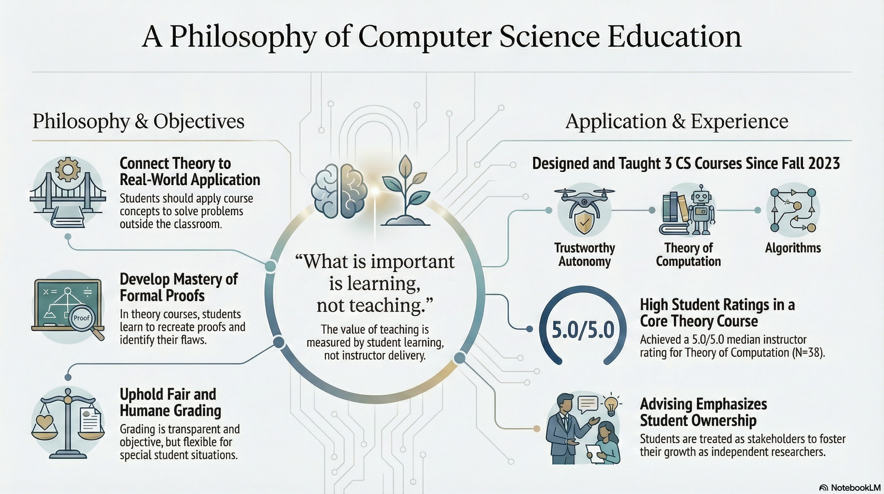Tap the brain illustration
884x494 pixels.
coord(339,191)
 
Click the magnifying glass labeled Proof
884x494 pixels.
coord(84,322)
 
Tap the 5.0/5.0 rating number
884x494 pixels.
coord(583,330)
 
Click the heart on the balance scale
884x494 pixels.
coord(45,422)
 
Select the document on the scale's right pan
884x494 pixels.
coord(91,420)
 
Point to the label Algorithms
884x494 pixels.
coord(793,248)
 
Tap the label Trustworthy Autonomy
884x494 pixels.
coord(584,254)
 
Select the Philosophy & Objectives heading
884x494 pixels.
coord(138,121)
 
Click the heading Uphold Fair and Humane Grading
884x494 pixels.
coord(171,402)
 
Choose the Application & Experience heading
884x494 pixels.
coord(677,121)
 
